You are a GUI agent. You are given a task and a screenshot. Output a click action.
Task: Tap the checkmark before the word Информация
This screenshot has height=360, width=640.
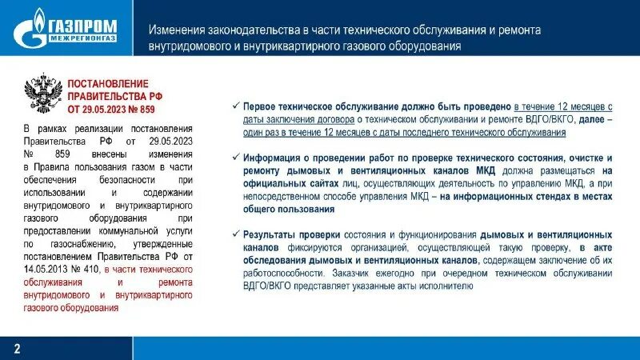[234, 158]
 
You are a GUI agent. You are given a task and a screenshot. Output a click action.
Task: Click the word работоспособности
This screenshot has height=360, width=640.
[283, 273]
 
